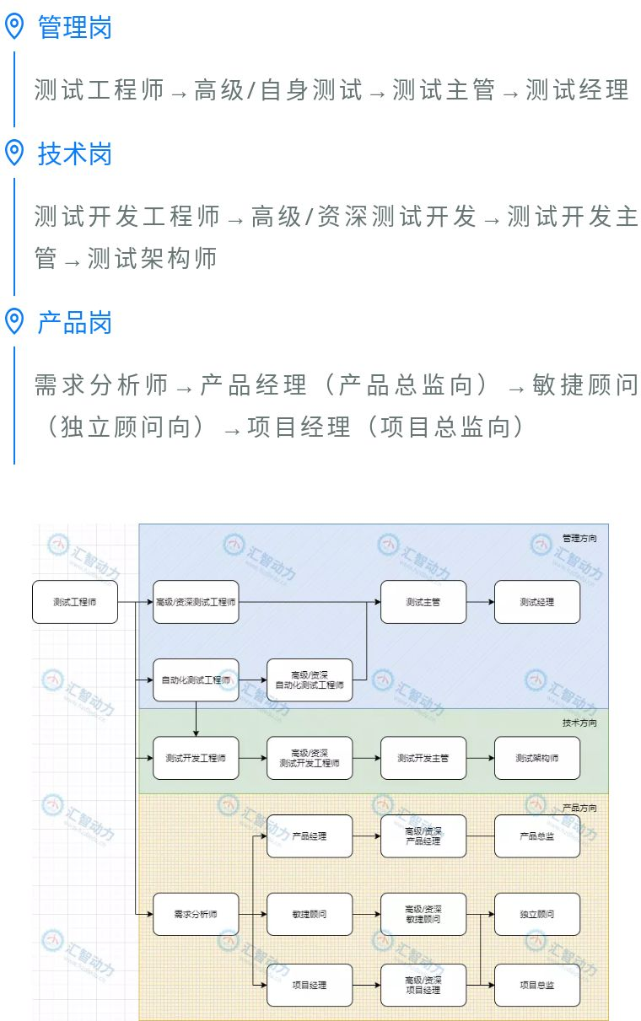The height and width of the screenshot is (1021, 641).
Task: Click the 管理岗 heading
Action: click(x=74, y=28)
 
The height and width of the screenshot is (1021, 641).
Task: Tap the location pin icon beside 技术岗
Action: click(x=14, y=153)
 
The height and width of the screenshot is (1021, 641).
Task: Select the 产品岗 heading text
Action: click(x=74, y=322)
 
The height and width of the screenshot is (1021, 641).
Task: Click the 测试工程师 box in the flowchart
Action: click(x=75, y=602)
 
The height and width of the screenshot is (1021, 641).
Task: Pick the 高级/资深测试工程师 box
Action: click(x=196, y=602)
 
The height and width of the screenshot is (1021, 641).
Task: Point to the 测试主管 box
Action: click(x=423, y=602)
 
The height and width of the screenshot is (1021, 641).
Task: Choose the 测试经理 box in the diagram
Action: click(x=537, y=602)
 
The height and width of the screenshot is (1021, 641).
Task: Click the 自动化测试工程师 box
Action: click(x=196, y=680)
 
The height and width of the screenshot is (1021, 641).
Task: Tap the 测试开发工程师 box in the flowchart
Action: click(x=196, y=758)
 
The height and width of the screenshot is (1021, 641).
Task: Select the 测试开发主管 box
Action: click(x=423, y=758)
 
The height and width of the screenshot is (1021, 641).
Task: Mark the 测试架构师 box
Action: click(x=537, y=758)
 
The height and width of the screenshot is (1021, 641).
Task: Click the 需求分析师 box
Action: click(x=196, y=914)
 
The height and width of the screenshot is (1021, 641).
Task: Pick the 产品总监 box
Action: click(x=537, y=836)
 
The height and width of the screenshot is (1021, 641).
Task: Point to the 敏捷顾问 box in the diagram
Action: click(x=310, y=914)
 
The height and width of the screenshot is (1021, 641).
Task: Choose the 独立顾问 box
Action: click(x=537, y=914)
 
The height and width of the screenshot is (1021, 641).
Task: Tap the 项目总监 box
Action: click(x=537, y=985)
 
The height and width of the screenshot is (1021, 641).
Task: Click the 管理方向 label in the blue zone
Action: click(x=579, y=537)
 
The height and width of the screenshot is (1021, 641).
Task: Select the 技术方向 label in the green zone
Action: click(x=579, y=723)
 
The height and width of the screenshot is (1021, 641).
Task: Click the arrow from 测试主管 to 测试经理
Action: click(x=480, y=602)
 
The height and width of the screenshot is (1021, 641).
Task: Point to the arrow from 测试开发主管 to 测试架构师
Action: click(x=480, y=758)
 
